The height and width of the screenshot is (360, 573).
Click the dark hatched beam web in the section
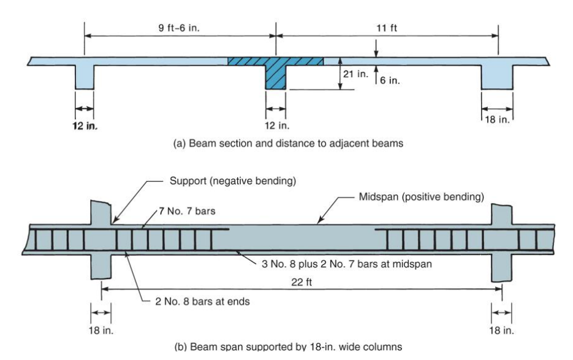coord(276,78)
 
